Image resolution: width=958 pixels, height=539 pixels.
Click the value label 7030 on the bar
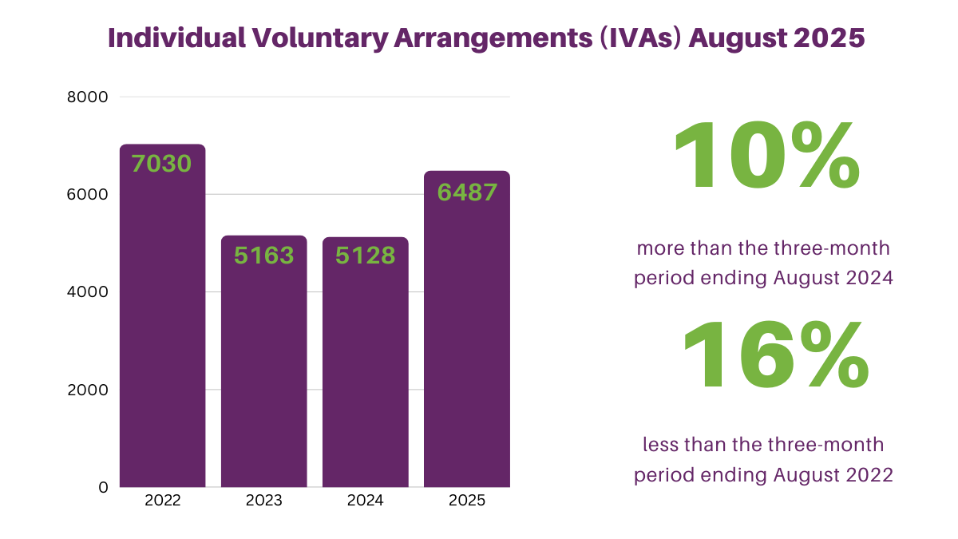[x=162, y=164]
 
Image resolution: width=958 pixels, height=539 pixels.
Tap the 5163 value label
[x=263, y=256]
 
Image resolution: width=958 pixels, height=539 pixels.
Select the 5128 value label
[x=365, y=256]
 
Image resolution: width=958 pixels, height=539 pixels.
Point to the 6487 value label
[x=467, y=192]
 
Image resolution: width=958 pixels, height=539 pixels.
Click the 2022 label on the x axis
[x=163, y=501]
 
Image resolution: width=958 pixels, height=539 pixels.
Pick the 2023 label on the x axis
[x=263, y=501]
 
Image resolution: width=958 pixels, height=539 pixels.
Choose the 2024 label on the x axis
[x=365, y=501]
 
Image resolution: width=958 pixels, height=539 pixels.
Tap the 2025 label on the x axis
[x=467, y=501]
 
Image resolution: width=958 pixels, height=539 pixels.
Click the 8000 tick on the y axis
[x=90, y=97]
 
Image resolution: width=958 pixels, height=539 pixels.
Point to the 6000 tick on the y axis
[x=90, y=195]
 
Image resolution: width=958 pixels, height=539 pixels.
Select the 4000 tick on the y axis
[x=90, y=292]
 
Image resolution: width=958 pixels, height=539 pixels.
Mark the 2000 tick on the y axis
[x=90, y=390]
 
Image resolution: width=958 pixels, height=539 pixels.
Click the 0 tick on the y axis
[x=103, y=487]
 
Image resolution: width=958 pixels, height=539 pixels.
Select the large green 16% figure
[x=774, y=357]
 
